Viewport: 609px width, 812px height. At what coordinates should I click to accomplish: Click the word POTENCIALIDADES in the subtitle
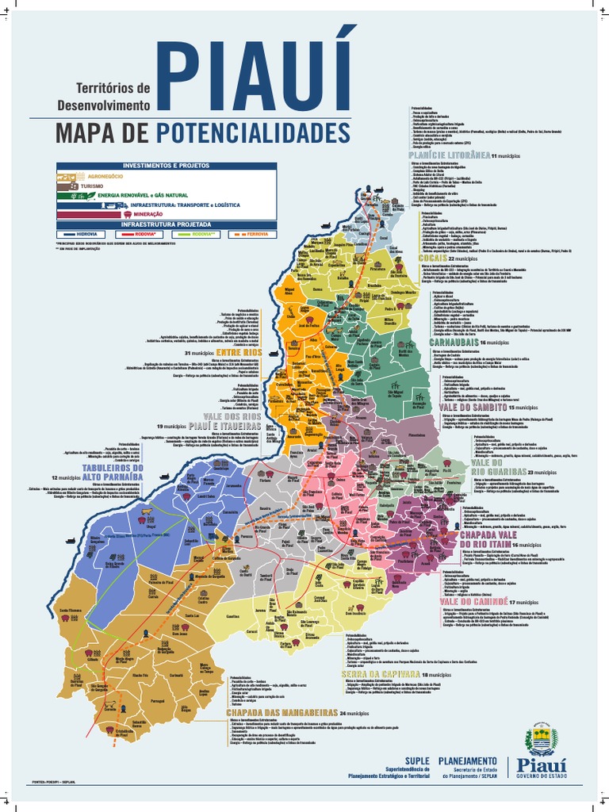pos(253,132)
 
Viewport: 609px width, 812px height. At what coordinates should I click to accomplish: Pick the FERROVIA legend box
pos(247,234)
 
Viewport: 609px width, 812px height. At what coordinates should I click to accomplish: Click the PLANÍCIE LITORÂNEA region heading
pos(442,155)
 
